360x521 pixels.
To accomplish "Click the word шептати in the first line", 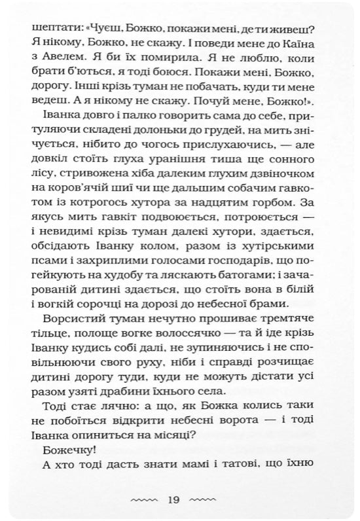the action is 51,28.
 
